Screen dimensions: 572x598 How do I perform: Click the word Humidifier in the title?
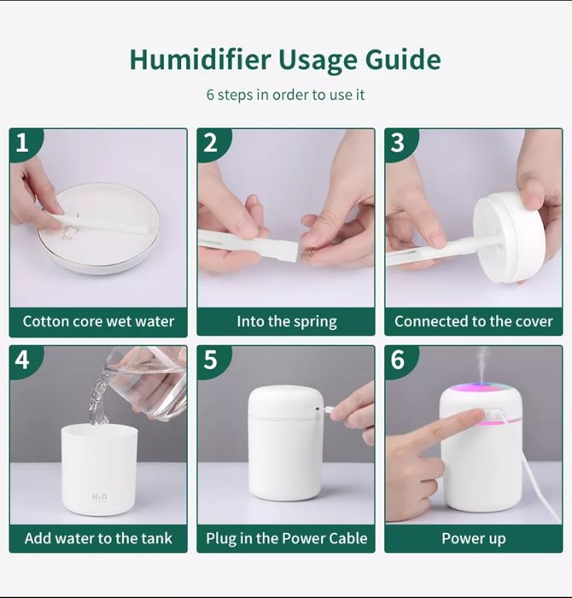pyautogui.click(x=201, y=60)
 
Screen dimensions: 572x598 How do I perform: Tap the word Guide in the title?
pyautogui.click(x=403, y=60)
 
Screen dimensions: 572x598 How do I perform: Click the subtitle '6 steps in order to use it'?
pyautogui.click(x=285, y=95)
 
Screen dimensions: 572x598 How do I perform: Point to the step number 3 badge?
pyautogui.click(x=398, y=143)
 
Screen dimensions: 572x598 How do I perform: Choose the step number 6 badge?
pyautogui.click(x=398, y=360)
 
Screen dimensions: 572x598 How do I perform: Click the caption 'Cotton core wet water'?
pyautogui.click(x=98, y=321)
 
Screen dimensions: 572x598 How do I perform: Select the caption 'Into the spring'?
pyautogui.click(x=287, y=322)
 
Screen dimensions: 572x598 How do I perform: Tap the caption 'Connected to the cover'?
pyautogui.click(x=473, y=321)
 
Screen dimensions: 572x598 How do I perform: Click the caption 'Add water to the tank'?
pyautogui.click(x=98, y=538)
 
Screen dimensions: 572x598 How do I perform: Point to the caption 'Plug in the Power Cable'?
pyautogui.click(x=287, y=539)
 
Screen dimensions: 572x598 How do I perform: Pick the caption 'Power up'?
pyautogui.click(x=473, y=539)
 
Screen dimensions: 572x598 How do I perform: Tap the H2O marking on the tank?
pyautogui.click(x=100, y=496)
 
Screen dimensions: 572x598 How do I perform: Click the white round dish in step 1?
pyautogui.click(x=98, y=228)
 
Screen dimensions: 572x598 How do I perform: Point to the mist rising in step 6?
pyautogui.click(x=482, y=364)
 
